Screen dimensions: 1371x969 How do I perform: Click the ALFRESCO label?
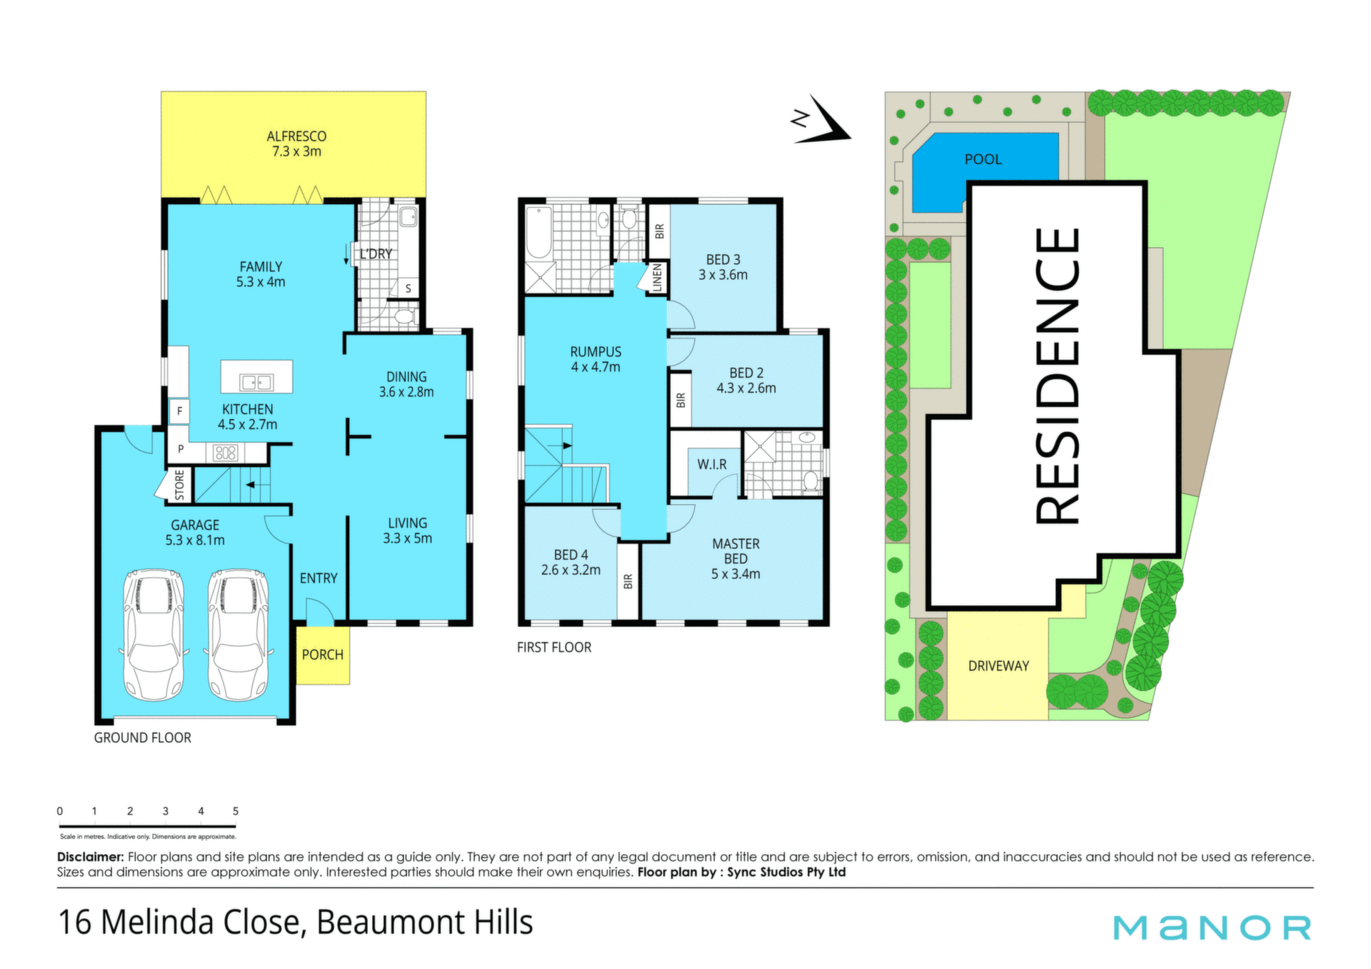[x=296, y=136]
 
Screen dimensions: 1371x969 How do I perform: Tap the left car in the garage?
[x=154, y=634]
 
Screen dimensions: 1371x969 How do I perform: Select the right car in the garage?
[x=238, y=634]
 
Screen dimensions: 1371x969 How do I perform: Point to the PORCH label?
[x=322, y=655]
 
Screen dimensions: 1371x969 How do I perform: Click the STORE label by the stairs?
[x=179, y=485]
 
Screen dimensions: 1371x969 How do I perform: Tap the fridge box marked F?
[x=179, y=411]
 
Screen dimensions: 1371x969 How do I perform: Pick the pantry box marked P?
[x=181, y=449]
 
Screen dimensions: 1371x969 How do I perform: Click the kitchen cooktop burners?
[x=226, y=452]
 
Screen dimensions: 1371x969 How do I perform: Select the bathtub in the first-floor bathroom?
[x=538, y=232]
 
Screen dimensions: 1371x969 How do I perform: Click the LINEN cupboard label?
[x=658, y=277]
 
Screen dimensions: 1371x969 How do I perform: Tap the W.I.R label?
[x=712, y=464]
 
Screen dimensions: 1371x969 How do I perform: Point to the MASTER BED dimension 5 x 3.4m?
[x=735, y=574]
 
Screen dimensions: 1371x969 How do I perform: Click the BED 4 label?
[x=571, y=555]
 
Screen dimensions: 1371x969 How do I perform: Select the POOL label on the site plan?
[x=983, y=159]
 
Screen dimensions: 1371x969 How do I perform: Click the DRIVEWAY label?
[x=998, y=666]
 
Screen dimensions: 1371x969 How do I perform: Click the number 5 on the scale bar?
[x=236, y=811]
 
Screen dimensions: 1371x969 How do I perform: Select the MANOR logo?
[x=1212, y=927]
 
